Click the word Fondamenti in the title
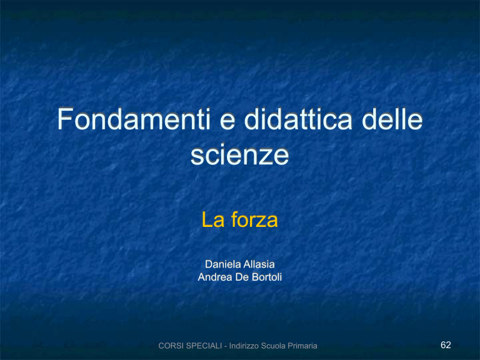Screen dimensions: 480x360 pos(134,119)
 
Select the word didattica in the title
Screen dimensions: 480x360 pos(298,119)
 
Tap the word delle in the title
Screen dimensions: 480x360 pos(392,119)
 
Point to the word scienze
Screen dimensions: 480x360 pos(240,154)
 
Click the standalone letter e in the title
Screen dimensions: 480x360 pos(227,122)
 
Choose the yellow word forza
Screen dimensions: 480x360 pos(254,219)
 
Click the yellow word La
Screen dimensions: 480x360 pos(213,219)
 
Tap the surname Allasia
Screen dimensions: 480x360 pos(259,264)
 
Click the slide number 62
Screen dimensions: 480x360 pos(446,345)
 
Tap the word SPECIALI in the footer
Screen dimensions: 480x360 pos(204,346)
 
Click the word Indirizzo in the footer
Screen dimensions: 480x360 pos(244,346)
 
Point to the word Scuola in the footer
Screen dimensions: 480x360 pos(271,346)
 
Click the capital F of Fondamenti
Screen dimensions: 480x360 pos(65,119)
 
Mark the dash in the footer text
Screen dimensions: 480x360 pos(226,347)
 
